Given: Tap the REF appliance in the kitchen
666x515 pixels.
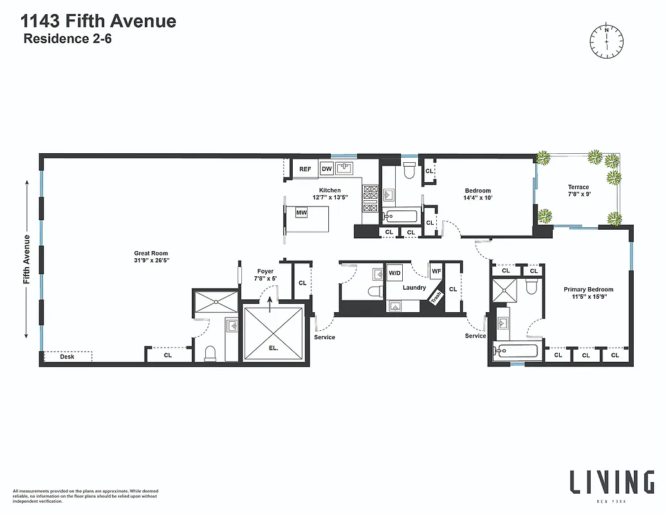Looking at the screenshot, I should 305,169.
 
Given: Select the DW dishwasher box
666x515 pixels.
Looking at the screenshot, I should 326,169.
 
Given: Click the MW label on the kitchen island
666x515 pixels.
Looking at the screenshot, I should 301,212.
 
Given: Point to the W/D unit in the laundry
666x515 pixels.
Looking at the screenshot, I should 394,273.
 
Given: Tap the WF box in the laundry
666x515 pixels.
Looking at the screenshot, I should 436,271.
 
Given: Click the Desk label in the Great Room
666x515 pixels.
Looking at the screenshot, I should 67,356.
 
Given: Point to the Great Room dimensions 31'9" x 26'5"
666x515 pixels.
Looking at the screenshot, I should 151,261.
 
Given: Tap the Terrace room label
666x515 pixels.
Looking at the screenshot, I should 578,187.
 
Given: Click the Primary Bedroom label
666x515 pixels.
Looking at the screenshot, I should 588,290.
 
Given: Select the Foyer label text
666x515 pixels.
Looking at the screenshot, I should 265,272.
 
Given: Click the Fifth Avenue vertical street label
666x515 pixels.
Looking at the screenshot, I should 27,259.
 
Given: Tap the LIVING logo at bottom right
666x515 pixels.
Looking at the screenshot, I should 611,482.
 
